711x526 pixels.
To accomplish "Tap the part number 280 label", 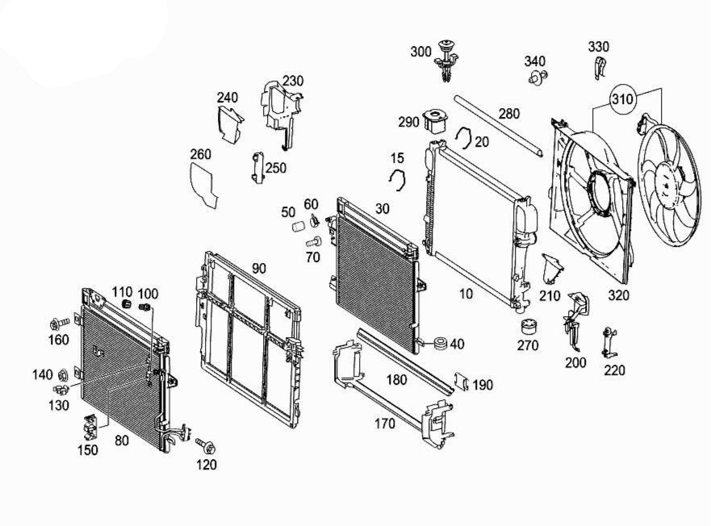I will [508, 114].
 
